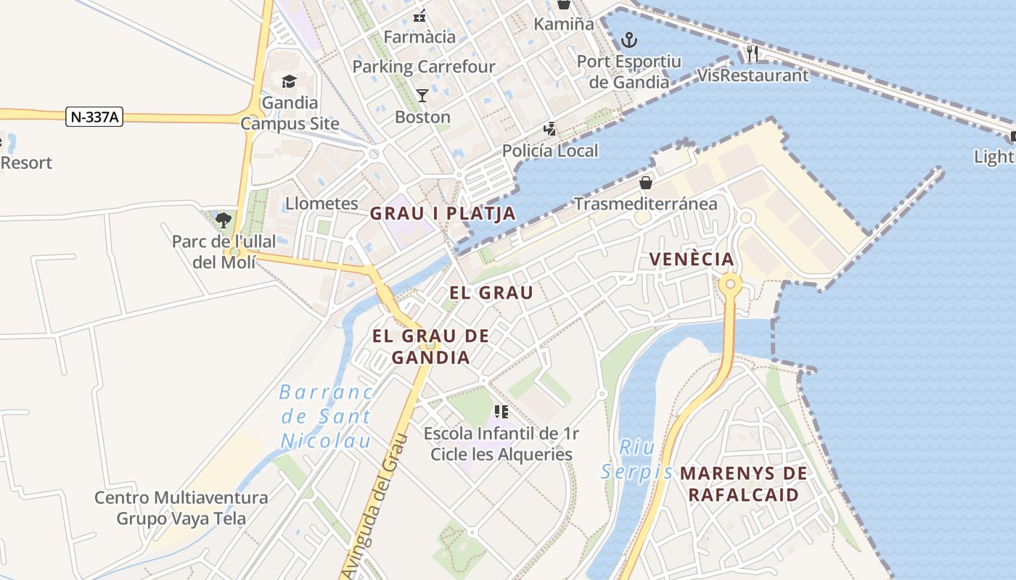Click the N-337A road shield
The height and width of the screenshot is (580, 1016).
tap(94, 116)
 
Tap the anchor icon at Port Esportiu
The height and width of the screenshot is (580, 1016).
tap(629, 40)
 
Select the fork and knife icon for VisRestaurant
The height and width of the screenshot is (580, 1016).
tap(753, 53)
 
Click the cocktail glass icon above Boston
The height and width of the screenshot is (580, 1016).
tap(422, 95)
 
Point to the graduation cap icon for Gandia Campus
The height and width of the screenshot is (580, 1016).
tap(290, 81)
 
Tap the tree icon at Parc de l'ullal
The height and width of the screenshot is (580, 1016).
tap(224, 220)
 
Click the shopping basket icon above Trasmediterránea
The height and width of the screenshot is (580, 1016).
tap(645, 182)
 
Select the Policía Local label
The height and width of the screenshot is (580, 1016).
tap(550, 151)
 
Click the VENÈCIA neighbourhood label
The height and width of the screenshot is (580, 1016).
tap(692, 259)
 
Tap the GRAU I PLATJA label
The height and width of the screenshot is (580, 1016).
tap(443, 213)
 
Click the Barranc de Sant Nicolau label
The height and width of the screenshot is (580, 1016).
tap(326, 416)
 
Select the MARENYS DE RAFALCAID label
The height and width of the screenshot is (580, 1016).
tap(743, 484)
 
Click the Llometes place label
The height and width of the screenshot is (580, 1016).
tap(321, 204)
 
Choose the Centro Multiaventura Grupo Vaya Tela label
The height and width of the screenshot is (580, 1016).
tap(181, 508)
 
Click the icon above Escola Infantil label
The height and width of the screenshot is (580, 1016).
tap(501, 412)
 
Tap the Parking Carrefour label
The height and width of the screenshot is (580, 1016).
tap(424, 67)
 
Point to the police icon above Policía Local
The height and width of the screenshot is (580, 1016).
tap(550, 130)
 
